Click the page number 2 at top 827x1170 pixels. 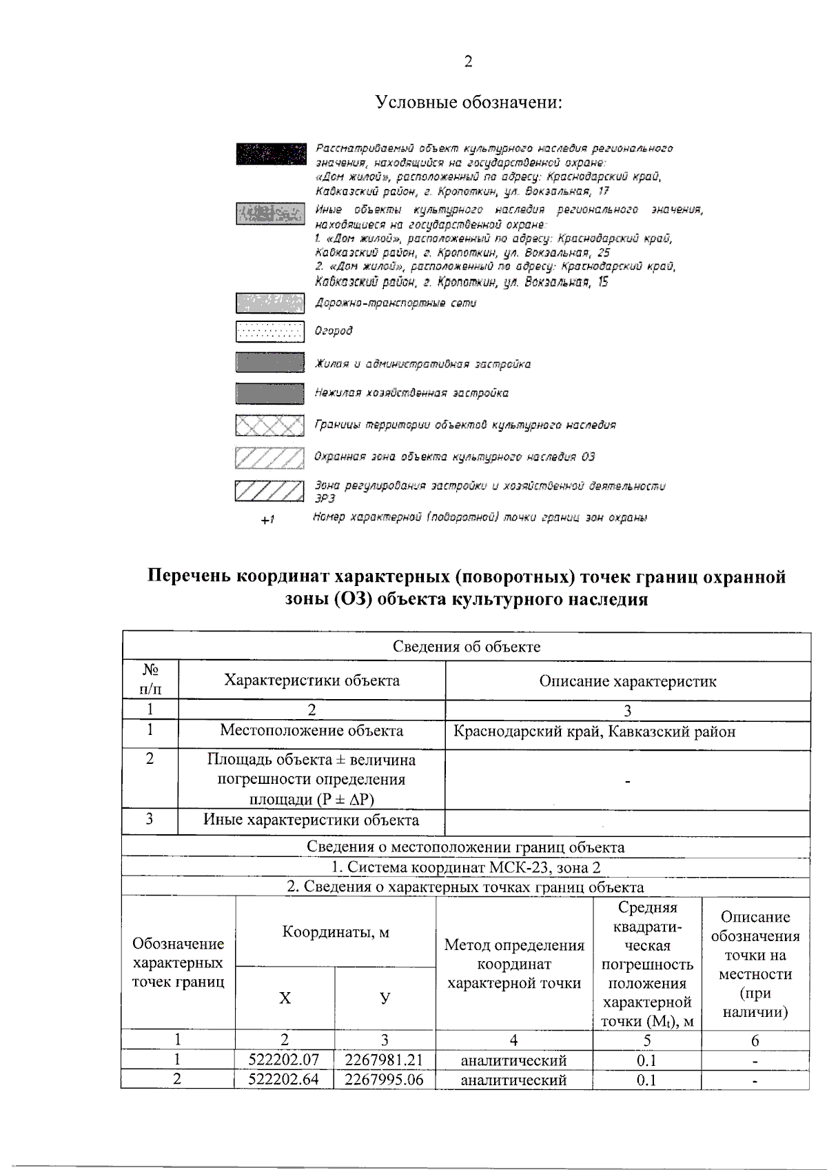pyautogui.click(x=468, y=62)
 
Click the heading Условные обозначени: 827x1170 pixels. pyautogui.click(x=469, y=103)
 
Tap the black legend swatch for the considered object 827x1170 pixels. pyautogui.click(x=270, y=154)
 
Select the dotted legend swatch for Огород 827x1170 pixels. pyautogui.click(x=270, y=332)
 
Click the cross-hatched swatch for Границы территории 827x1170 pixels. pyautogui.click(x=270, y=425)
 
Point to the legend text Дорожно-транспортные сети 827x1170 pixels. pyautogui.click(x=396, y=303)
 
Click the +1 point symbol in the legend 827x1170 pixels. pyautogui.click(x=268, y=520)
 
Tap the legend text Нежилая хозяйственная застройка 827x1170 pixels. pyautogui.click(x=411, y=393)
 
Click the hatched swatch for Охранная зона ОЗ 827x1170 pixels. pyautogui.click(x=270, y=457)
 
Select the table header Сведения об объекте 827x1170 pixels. pyautogui.click(x=467, y=647)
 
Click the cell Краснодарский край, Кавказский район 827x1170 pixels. pyautogui.click(x=594, y=732)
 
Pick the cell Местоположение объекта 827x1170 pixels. pyautogui.click(x=312, y=731)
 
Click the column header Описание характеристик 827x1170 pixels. pyautogui.click(x=627, y=682)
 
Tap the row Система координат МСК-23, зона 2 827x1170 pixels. pyautogui.click(x=467, y=867)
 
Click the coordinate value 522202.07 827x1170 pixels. pyautogui.click(x=285, y=1060)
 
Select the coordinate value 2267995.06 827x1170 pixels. pyautogui.click(x=384, y=1080)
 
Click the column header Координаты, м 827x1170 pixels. pyautogui.click(x=336, y=932)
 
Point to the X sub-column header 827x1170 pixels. pyautogui.click(x=285, y=998)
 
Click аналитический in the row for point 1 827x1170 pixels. pyautogui.click(x=513, y=1060)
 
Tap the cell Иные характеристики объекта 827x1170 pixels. pyautogui.click(x=312, y=820)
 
